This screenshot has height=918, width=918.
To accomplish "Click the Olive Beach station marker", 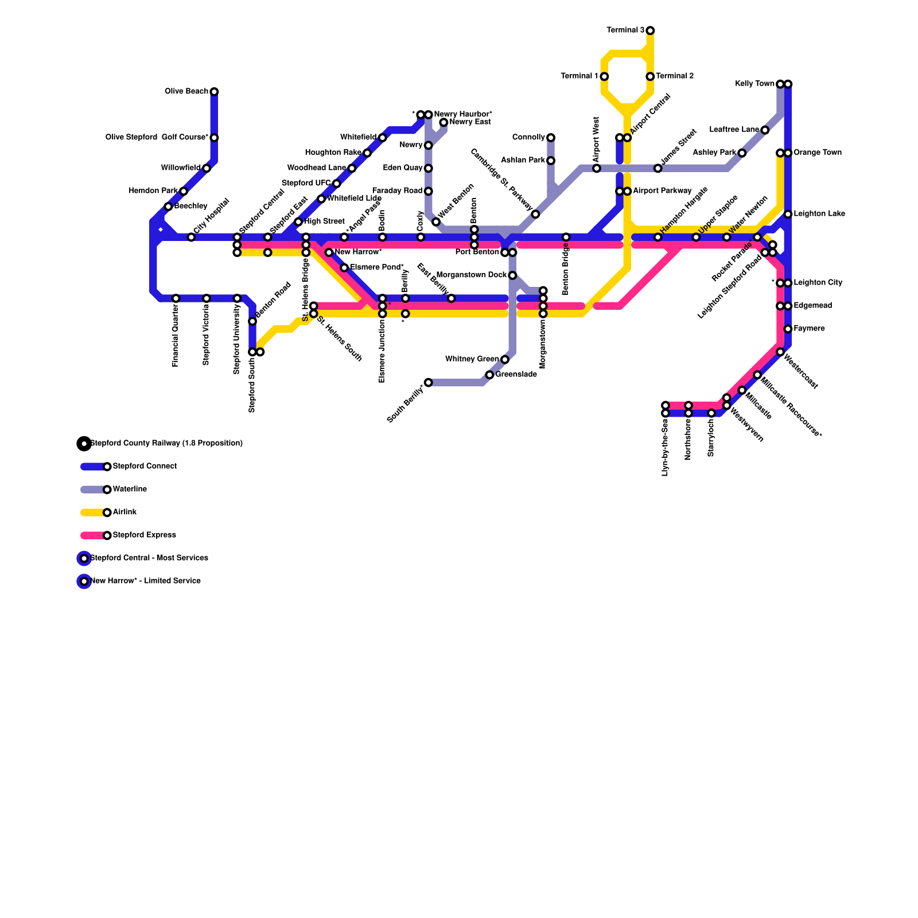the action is (214, 92).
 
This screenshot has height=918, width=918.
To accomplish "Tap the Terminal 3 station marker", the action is (650, 30).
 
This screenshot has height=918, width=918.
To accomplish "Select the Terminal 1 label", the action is (579, 76).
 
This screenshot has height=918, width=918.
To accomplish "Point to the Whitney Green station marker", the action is (504, 360).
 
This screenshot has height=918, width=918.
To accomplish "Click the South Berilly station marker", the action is (428, 383).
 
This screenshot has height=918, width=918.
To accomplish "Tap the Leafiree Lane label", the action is (734, 130).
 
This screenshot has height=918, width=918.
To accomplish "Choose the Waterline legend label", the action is (130, 489).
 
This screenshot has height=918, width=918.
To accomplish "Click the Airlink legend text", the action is (125, 512).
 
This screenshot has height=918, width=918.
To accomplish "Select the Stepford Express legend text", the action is (144, 535).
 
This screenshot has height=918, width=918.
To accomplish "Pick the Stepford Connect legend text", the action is (145, 466).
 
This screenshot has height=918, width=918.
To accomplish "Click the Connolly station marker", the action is (551, 138).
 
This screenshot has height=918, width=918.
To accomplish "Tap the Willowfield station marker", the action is (207, 168).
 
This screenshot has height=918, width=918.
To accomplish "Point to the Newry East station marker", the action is (444, 123).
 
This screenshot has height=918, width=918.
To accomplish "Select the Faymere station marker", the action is (788, 329).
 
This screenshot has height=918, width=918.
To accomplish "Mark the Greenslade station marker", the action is (489, 375).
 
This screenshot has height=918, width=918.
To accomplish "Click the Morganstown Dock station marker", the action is (512, 275).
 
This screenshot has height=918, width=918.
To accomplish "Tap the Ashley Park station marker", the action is (742, 153).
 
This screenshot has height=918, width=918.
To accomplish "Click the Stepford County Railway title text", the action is (166, 444).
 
